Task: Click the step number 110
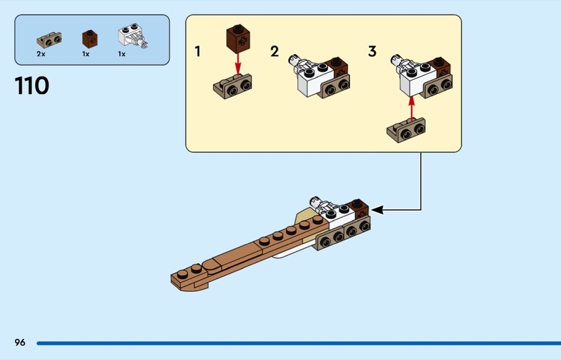tap(32, 86)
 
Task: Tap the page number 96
tap(20, 342)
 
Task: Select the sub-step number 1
tap(197, 51)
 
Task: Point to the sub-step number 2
tap(274, 51)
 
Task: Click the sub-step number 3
tap(372, 51)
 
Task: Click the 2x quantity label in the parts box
tap(41, 54)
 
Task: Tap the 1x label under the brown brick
tap(86, 54)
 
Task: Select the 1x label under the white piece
tap(121, 54)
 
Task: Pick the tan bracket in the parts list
tap(49, 39)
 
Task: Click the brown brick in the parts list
tap(90, 39)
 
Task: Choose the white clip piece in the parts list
tap(133, 36)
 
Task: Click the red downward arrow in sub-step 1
tap(238, 65)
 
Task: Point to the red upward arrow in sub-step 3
tap(412, 108)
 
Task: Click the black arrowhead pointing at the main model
tap(378, 210)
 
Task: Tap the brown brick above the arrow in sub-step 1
tap(238, 39)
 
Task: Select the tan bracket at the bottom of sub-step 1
tap(233, 87)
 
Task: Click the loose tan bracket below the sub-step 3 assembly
tap(406, 131)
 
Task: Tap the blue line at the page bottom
tap(299, 343)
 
